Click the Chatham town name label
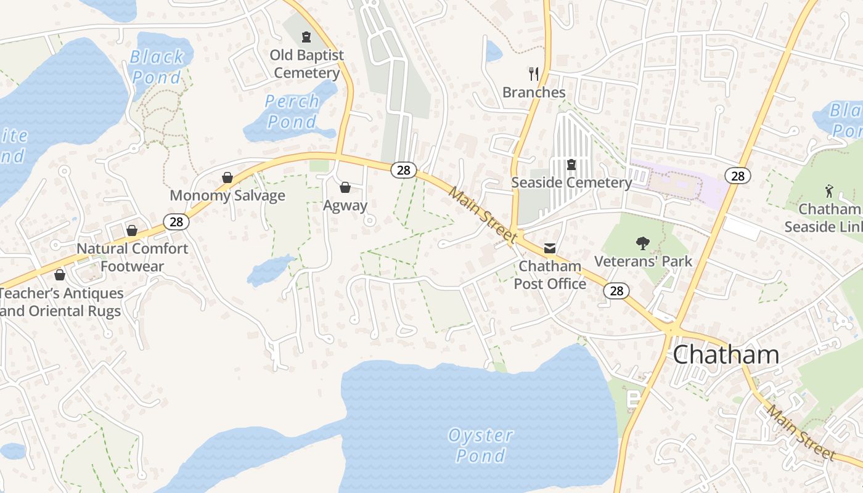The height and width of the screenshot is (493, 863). tap(726, 354)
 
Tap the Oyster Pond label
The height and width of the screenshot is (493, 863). tap(481, 445)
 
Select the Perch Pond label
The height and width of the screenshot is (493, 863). tap(292, 111)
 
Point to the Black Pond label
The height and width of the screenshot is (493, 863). tap(157, 67)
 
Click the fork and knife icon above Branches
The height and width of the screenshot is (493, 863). tap(534, 74)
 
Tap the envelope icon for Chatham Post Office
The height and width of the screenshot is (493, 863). tap(549, 248)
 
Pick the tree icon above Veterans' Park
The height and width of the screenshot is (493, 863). tap(642, 243)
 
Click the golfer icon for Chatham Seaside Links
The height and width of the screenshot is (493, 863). tap(828, 191)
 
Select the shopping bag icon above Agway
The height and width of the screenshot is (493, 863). tap(345, 187)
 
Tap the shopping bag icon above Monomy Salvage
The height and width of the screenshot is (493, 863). tap(227, 177)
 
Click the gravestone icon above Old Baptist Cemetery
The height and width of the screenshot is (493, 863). tap(306, 37)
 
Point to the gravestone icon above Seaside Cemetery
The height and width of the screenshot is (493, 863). tap(571, 165)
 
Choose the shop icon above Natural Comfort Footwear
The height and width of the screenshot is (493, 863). tap(132, 230)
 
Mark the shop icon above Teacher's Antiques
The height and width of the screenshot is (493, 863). tap(60, 275)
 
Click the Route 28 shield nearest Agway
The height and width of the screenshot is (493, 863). tap(403, 170)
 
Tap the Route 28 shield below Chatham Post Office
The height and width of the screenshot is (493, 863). tap(616, 291)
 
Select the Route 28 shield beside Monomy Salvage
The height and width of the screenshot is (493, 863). tap(176, 221)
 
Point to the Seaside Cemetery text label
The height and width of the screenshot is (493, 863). tap(571, 183)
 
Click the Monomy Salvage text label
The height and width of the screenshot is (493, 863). tap(227, 196)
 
